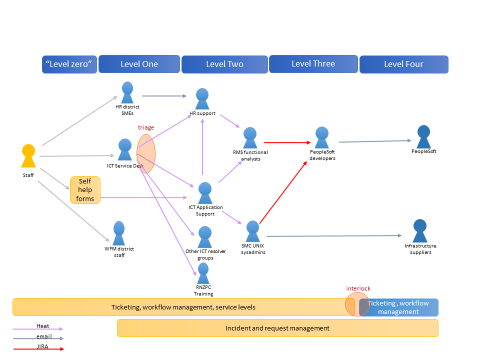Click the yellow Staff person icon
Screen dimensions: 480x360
28,156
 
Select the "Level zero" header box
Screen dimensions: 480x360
69,64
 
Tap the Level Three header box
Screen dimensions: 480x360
313,64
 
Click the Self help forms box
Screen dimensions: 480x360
85,190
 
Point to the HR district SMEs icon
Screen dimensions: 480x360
127,92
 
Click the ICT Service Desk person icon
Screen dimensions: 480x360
125,149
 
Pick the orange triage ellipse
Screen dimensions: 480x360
146,153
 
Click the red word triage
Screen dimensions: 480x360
145,127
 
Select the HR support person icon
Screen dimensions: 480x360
202,99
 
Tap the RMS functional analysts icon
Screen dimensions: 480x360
250,138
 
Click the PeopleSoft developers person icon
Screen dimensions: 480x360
321,137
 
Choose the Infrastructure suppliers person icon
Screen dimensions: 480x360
420,231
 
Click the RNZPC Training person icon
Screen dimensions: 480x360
203,273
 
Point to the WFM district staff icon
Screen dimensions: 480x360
119,233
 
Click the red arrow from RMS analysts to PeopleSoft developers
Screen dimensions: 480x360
287,142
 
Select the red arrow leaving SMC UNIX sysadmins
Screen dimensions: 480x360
283,192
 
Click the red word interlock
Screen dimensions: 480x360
358,288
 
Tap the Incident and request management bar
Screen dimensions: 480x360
277,328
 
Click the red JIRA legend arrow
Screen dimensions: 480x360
38,349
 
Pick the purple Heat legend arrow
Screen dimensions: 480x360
37,329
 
